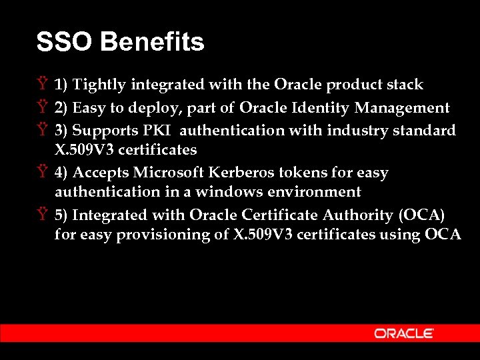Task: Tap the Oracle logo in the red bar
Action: pos(404,333)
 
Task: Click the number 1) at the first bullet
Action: pos(61,85)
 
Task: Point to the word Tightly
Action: pos(100,85)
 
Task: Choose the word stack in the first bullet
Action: pos(405,85)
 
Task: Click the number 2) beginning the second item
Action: pos(61,108)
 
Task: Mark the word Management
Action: pos(402,108)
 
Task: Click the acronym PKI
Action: pos(157,130)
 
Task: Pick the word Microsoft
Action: pos(170,173)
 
